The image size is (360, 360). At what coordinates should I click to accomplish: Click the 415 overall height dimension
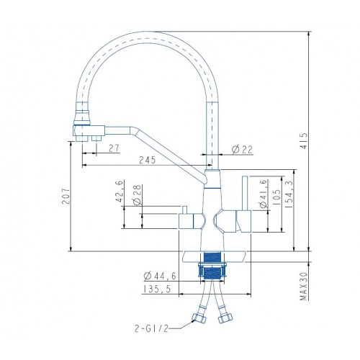click(x=304, y=141)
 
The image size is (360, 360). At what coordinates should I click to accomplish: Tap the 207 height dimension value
click(x=66, y=197)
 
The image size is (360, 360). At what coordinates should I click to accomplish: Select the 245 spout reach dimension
click(x=148, y=160)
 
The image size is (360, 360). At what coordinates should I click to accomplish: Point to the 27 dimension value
click(x=114, y=148)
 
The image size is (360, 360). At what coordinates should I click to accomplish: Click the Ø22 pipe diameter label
click(x=243, y=150)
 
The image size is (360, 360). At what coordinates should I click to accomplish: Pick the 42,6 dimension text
click(x=120, y=192)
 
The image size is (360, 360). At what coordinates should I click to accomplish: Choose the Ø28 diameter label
click(x=137, y=195)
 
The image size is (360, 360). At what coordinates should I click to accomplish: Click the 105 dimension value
click(x=276, y=197)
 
